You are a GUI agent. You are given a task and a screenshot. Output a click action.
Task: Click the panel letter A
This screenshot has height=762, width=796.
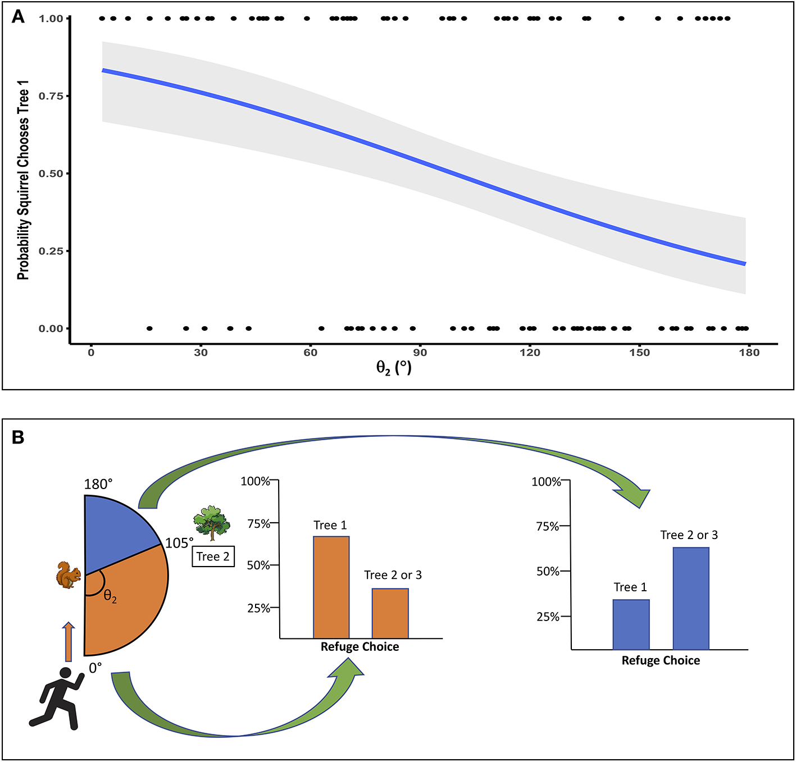[18, 17]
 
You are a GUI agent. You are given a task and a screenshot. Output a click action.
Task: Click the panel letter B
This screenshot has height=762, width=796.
[18, 437]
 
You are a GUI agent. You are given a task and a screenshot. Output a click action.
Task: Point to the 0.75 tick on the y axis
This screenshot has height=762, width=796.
[51, 96]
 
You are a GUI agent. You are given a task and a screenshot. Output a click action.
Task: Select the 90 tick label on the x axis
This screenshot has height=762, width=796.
[420, 353]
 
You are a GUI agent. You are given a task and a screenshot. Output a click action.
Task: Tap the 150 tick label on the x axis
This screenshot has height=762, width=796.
[639, 353]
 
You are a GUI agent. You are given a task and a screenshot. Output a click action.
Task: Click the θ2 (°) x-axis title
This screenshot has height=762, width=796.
[394, 368]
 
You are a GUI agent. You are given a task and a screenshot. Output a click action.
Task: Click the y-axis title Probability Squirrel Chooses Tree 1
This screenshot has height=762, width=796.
[23, 180]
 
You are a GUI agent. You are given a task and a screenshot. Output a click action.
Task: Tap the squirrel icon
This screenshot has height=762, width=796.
[68, 574]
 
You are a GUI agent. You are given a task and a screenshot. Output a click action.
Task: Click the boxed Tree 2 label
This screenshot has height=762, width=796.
[213, 556]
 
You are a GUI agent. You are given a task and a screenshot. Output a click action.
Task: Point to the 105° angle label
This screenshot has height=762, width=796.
[179, 543]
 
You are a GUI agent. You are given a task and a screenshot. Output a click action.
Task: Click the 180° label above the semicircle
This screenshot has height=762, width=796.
[98, 484]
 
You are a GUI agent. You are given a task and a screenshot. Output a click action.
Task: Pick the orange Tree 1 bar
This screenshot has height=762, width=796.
[331, 587]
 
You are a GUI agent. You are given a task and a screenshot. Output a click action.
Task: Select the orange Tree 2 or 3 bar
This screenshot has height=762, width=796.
[390, 613]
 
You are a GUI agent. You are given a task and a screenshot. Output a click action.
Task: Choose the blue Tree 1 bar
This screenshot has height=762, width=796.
[631, 624]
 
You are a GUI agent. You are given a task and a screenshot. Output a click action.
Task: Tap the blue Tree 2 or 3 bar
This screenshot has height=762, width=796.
[691, 598]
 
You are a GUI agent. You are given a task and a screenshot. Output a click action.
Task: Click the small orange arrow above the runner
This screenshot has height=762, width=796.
[68, 641]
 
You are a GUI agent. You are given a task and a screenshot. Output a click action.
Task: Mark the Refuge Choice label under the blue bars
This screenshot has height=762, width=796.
[661, 660]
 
